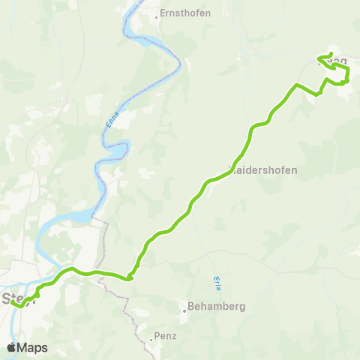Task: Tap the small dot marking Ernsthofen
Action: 157,13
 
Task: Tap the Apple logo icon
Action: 12,347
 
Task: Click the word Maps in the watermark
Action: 34,347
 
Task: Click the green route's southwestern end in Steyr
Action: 13,303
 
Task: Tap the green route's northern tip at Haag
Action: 331,53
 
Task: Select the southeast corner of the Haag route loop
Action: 347,82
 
